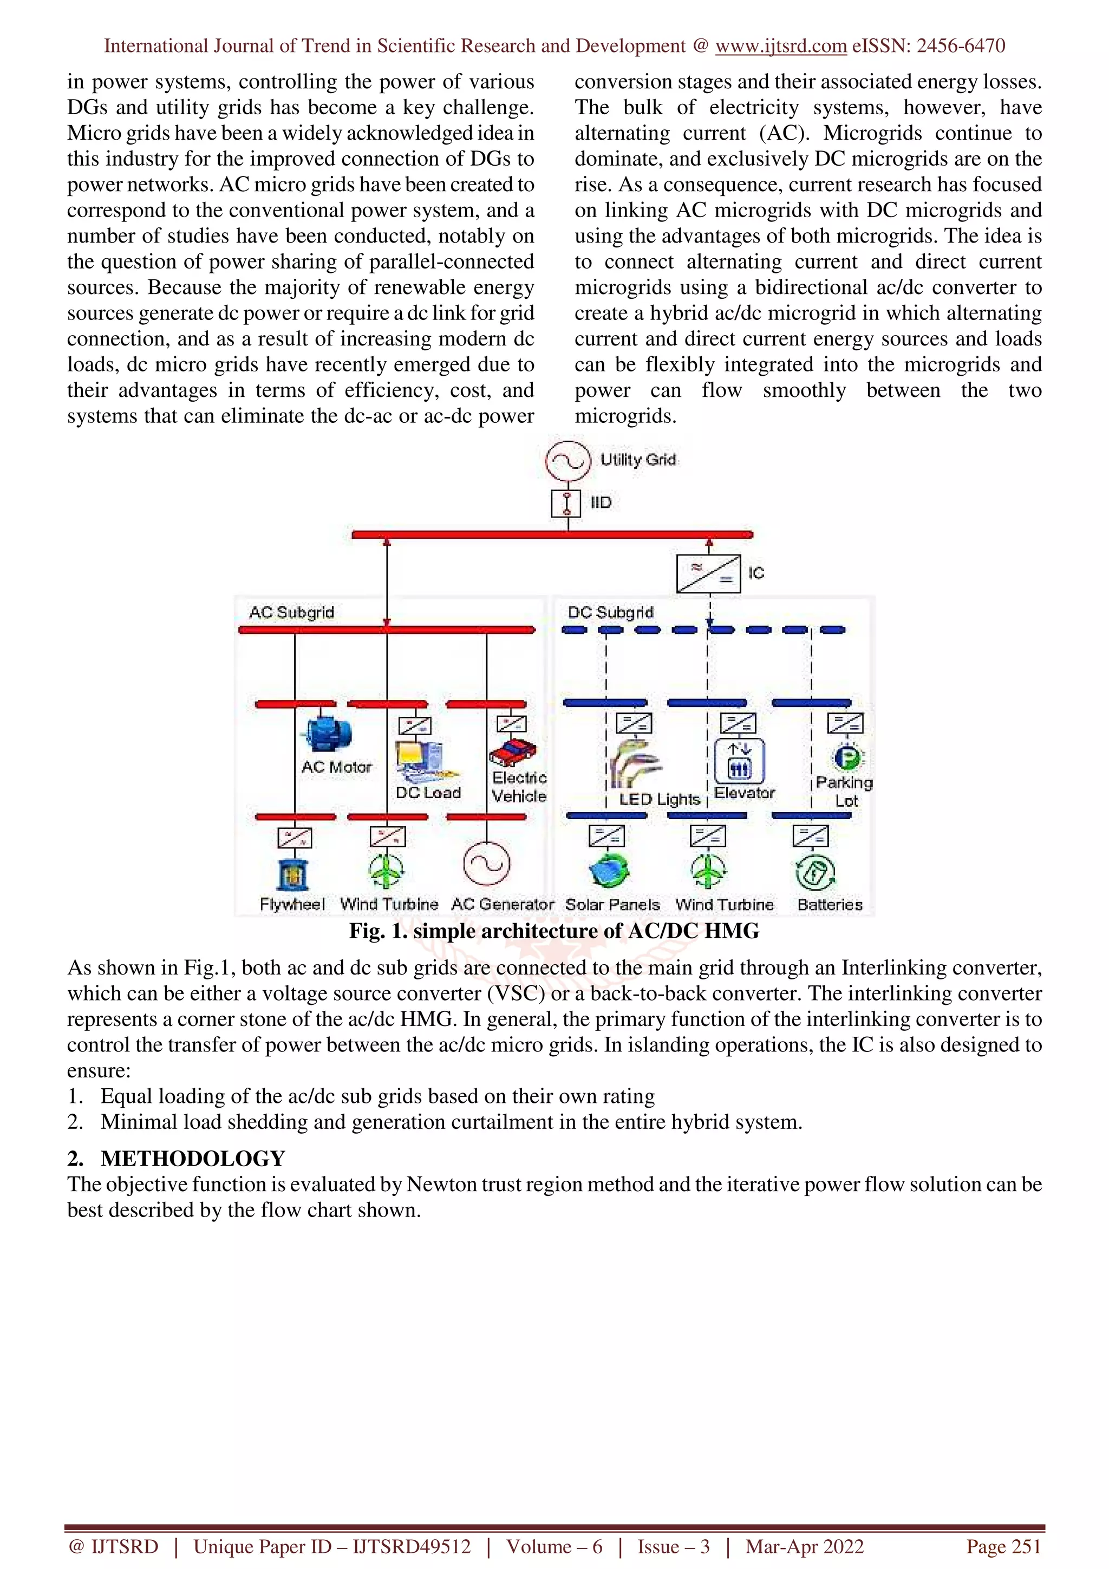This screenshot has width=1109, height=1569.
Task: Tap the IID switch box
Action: click(x=566, y=504)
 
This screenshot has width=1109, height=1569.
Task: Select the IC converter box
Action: click(x=709, y=573)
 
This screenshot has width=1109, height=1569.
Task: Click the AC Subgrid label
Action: click(x=291, y=612)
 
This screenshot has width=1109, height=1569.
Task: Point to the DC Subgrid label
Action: click(x=610, y=612)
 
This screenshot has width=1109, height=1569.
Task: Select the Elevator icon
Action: click(x=739, y=761)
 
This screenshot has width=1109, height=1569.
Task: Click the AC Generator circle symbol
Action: click(x=486, y=863)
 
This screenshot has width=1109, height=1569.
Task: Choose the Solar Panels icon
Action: click(x=610, y=870)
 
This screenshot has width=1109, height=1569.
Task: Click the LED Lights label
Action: click(x=660, y=799)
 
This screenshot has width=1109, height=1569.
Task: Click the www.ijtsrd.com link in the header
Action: click(x=780, y=46)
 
